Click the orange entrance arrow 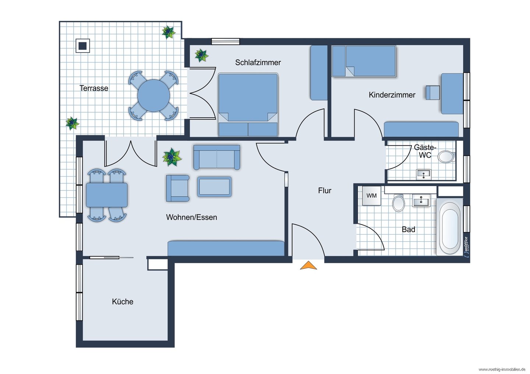[x=308, y=266]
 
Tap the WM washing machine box [x=371, y=196]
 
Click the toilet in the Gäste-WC [x=446, y=157]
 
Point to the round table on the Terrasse [x=153, y=96]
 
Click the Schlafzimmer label [x=258, y=63]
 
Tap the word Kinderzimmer [x=392, y=95]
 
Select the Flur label [x=325, y=190]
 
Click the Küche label [x=123, y=302]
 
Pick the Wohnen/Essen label [x=191, y=217]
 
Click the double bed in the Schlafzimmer [x=248, y=105]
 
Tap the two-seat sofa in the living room [x=217, y=157]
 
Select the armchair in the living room [x=178, y=188]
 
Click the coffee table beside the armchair [x=214, y=187]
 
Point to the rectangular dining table [x=107, y=195]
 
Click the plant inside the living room [x=172, y=157]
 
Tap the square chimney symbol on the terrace [x=82, y=46]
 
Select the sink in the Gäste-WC [x=424, y=174]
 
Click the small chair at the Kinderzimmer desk [x=433, y=93]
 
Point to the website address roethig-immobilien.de [x=503, y=370]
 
